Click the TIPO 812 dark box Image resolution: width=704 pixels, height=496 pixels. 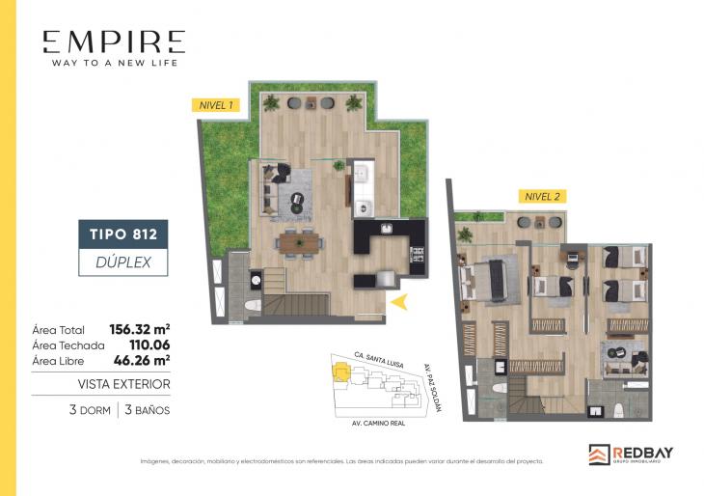click(123, 234)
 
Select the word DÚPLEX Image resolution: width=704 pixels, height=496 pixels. click(123, 261)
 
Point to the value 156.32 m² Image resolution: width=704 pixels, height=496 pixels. click(140, 328)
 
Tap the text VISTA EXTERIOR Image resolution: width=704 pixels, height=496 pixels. click(123, 384)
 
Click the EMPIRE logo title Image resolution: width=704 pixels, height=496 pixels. click(113, 42)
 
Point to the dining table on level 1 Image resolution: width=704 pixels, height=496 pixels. click(298, 241)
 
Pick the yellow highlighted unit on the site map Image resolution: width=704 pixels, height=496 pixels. click(341, 370)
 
